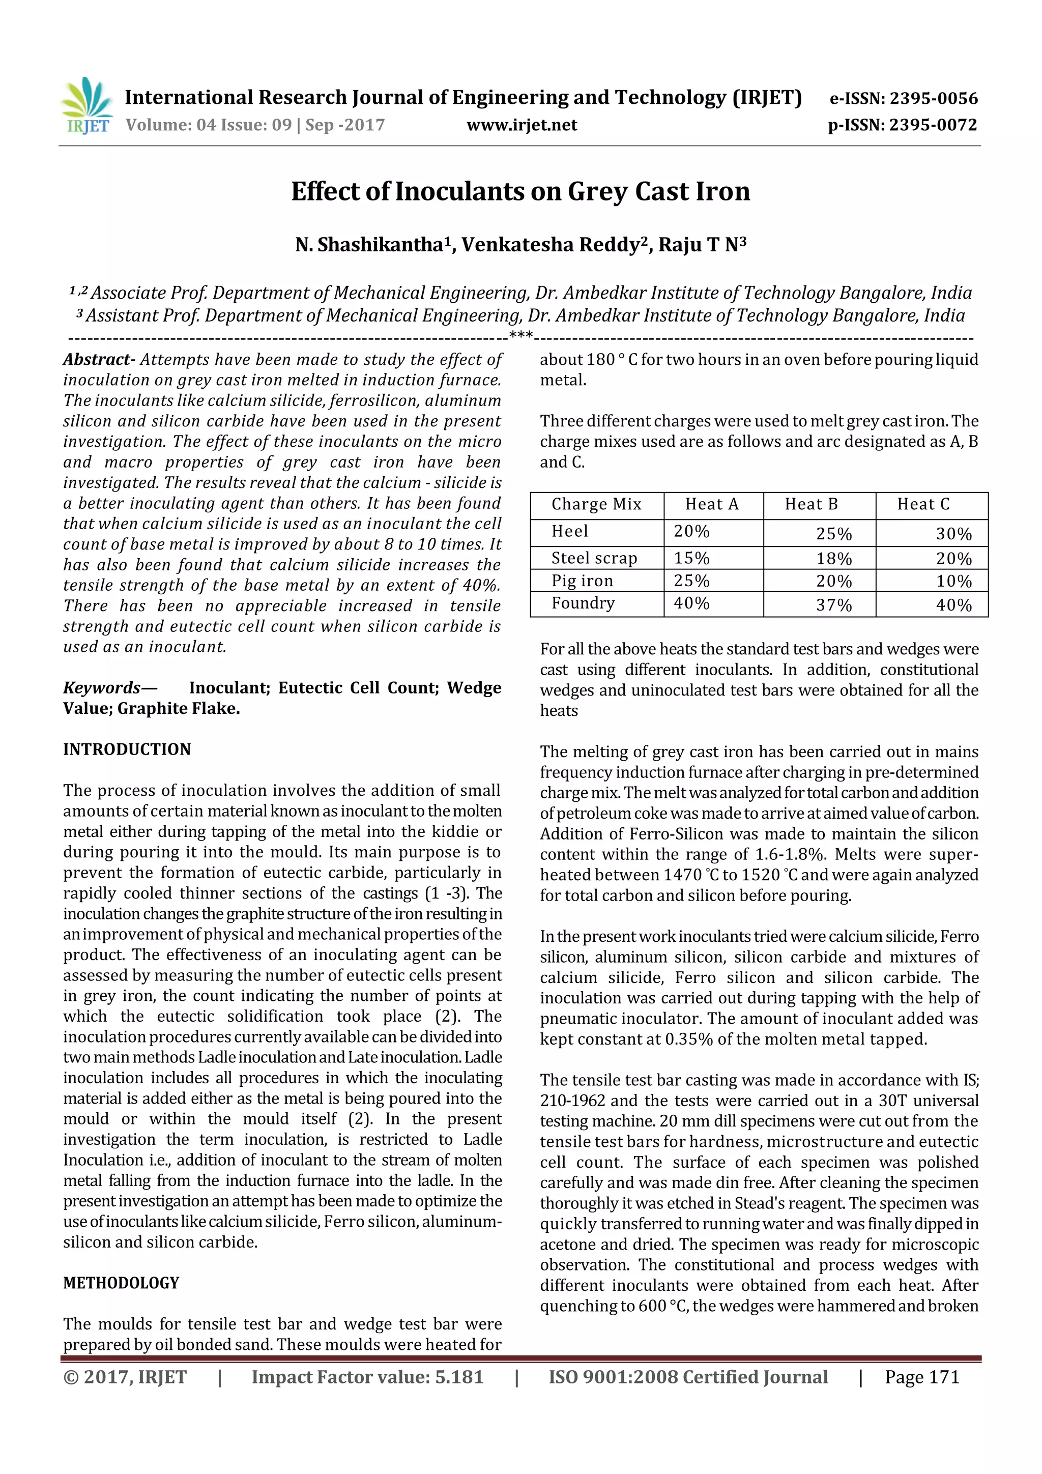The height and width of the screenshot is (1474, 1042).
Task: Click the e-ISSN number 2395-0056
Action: click(x=933, y=99)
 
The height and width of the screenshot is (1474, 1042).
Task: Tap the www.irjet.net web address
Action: click(x=522, y=125)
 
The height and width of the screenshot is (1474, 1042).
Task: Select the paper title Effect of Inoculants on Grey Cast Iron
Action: click(x=520, y=191)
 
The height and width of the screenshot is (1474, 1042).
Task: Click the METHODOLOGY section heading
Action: click(x=121, y=1283)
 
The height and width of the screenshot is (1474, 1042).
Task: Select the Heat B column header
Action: click(x=811, y=505)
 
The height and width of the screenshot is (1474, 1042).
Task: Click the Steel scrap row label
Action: click(x=594, y=558)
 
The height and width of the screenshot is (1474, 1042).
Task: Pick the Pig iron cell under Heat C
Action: click(x=953, y=582)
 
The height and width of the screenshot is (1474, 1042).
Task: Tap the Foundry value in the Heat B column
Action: click(x=833, y=605)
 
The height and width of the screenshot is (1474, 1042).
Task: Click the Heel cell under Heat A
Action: click(x=691, y=532)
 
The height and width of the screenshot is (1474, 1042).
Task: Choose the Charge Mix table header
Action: click(x=596, y=505)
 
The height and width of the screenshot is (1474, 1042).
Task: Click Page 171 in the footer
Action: click(x=921, y=1377)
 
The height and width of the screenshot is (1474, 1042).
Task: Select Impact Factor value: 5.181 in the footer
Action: click(x=367, y=1377)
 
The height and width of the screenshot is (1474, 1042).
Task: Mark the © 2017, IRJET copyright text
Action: click(x=125, y=1377)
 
